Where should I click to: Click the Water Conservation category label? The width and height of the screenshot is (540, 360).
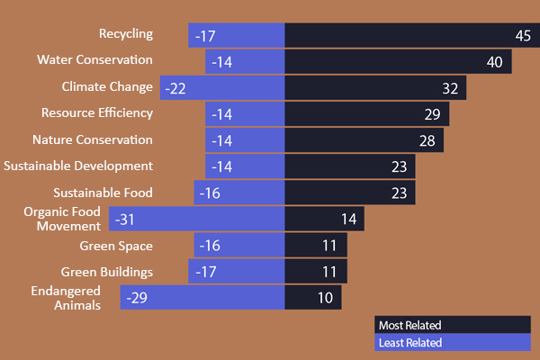pos(94,59)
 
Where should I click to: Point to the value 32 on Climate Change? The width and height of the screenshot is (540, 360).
pos(451,88)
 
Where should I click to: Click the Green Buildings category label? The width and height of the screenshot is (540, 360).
pos(107,271)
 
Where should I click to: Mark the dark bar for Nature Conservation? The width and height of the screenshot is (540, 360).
pos(351,141)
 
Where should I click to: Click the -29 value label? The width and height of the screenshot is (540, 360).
pos(138,298)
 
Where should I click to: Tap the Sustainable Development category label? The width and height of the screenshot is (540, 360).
pos(78,166)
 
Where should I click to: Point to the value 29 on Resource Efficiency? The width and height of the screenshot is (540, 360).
pos(433,114)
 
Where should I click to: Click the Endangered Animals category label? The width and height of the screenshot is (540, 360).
pos(66,298)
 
